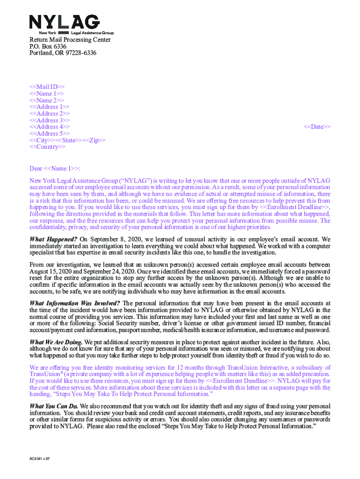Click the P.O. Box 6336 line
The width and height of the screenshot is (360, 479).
pyautogui.click(x=48, y=47)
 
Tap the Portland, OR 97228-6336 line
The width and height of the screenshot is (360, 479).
pyautogui.click(x=63, y=53)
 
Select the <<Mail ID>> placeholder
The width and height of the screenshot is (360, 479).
pyautogui.click(x=47, y=87)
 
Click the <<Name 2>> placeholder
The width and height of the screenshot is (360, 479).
pyautogui.click(x=47, y=101)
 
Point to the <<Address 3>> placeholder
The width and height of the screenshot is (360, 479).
pyautogui.click(x=50, y=120)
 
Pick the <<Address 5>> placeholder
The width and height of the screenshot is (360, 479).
pyautogui.click(x=50, y=134)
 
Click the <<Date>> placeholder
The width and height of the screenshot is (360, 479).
pyautogui.click(x=317, y=127)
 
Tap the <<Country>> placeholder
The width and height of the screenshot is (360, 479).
pyautogui.click(x=48, y=147)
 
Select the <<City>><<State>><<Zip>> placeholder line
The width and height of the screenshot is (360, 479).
pyautogui.click(x=67, y=140)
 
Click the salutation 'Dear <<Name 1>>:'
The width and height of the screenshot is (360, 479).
pyautogui.click(x=58, y=168)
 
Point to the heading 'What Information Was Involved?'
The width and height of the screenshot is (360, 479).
pyautogui.click(x=75, y=303)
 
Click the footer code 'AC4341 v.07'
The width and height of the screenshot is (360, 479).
pyautogui.click(x=39, y=459)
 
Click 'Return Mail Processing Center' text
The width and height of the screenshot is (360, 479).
pyautogui.click(x=70, y=40)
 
